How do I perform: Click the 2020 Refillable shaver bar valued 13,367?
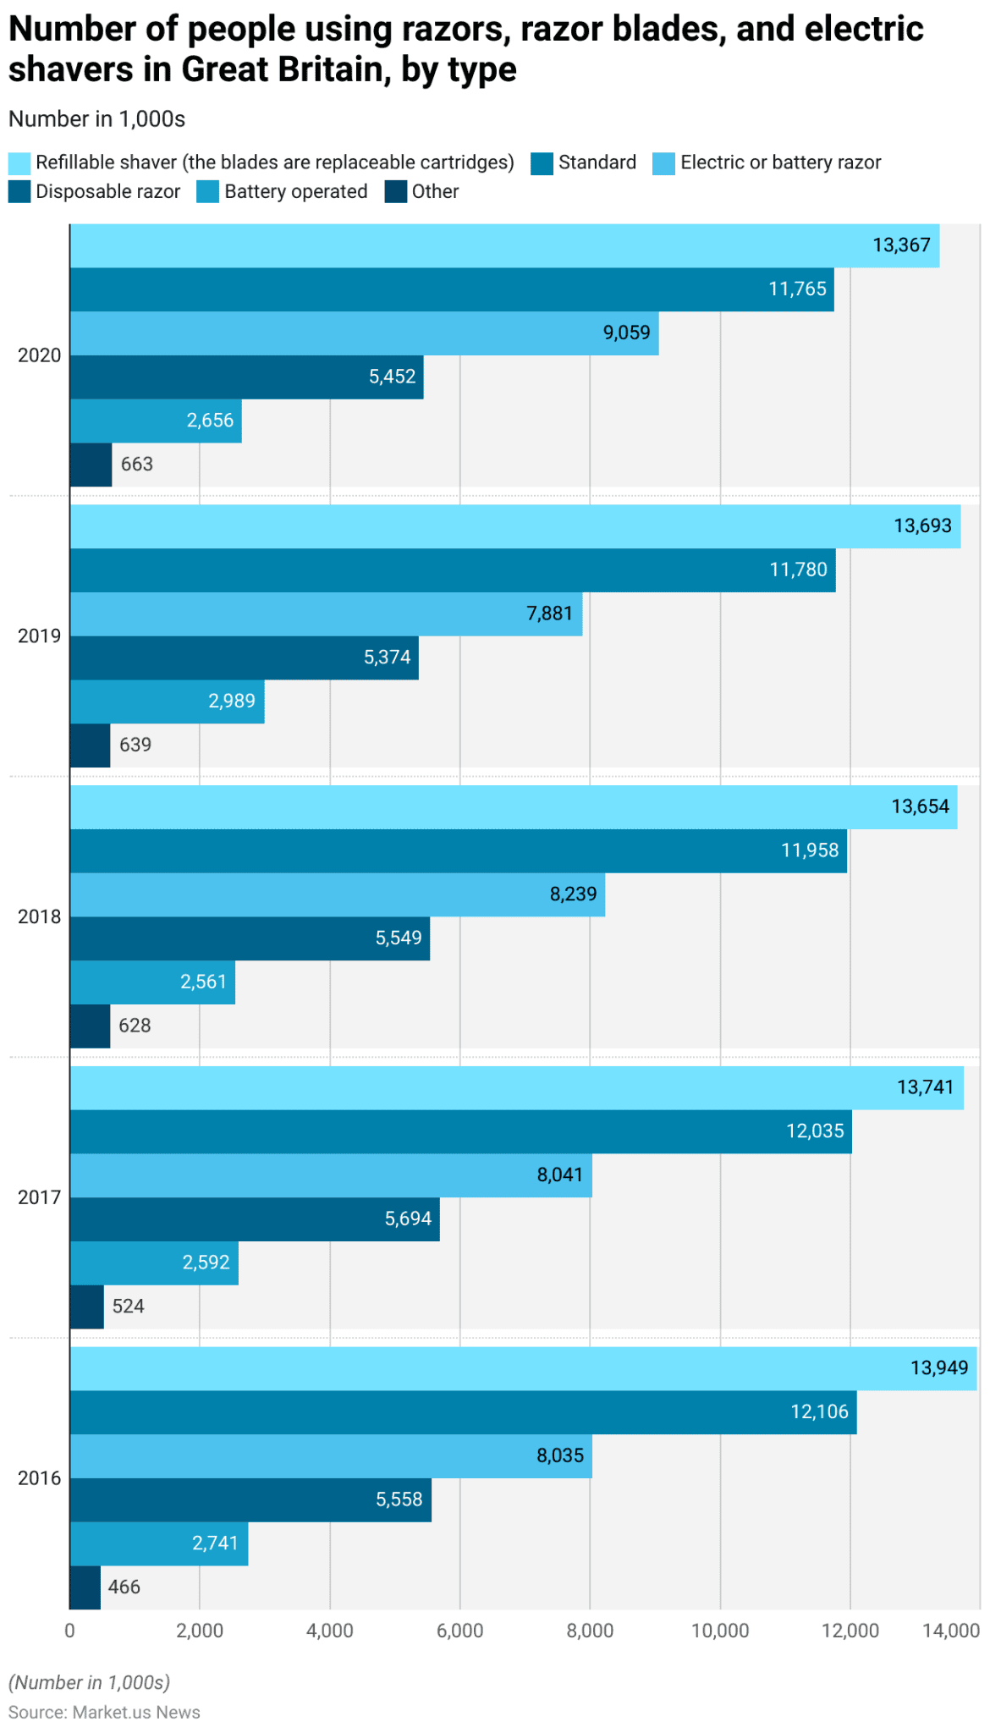point(504,245)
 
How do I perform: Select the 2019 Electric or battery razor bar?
point(326,613)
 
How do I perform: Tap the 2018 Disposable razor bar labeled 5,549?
point(250,938)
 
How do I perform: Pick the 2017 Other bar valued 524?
point(86,1307)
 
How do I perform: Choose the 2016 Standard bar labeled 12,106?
point(463,1412)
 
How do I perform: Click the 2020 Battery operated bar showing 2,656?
point(156,421)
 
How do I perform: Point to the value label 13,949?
point(938,1368)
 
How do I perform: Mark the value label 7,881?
point(549,613)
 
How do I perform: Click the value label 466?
point(124,1587)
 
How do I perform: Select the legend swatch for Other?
point(395,192)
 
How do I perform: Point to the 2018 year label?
point(40,917)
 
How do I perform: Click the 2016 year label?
point(40,1478)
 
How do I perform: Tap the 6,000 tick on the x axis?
point(459,1631)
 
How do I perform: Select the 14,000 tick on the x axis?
point(951,1631)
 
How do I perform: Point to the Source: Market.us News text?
point(104,1712)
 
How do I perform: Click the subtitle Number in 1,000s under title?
point(96,119)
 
